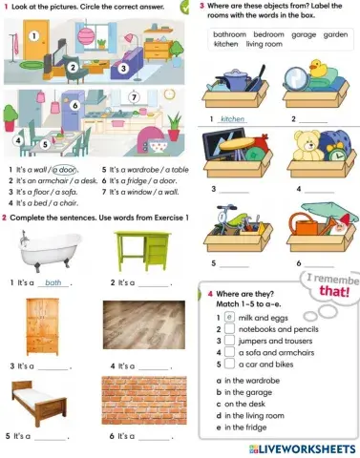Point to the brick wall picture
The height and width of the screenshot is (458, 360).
[x=139, y=405]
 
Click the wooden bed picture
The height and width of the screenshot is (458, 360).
[x=42, y=406]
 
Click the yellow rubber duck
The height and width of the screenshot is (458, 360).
[x=319, y=73]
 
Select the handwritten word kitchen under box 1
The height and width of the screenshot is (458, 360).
[x=232, y=120]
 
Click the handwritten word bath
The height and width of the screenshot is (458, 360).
[x=53, y=283]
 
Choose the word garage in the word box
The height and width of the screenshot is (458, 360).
[x=305, y=33]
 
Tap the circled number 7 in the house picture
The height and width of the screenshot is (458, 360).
[x=134, y=97]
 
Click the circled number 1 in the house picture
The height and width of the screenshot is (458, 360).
[x=33, y=36]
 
